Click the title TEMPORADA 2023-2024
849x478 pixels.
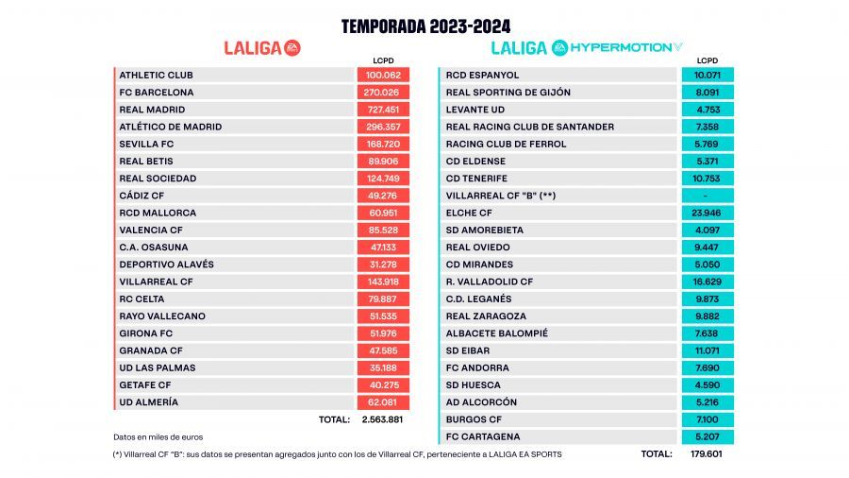[x=425, y=26]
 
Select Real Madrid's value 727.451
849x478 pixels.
[x=383, y=110]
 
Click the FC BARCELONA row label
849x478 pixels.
[x=157, y=93]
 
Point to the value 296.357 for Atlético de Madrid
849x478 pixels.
[x=383, y=127]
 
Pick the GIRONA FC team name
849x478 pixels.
[x=149, y=333]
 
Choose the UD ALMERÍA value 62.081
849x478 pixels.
[x=383, y=402]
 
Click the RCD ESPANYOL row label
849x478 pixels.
[x=483, y=75]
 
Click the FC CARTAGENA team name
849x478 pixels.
[x=483, y=436]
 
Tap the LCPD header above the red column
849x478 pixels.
[x=383, y=61]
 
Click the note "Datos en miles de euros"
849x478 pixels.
[x=158, y=436]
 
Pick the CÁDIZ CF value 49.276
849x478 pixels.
[x=383, y=196]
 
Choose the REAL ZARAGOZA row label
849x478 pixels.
[x=487, y=316]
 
